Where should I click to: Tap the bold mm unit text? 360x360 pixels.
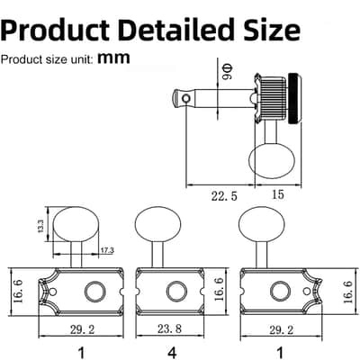coord(114,58)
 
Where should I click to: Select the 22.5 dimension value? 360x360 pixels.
coord(224,196)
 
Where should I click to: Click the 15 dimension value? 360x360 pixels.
coord(277,194)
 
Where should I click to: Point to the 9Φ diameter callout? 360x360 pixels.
coord(228,72)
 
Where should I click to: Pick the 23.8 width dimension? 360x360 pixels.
coord(169,329)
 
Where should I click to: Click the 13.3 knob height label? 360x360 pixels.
coord(41,226)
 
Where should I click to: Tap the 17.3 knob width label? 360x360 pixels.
coord(107,250)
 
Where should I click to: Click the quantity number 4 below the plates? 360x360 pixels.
coord(172,353)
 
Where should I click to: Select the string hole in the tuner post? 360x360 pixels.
coord(186,98)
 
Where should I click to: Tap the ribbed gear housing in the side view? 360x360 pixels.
coord(273,98)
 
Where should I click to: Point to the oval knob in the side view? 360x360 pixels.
coord(273,161)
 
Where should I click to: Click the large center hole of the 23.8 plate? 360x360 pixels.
coord(176,292)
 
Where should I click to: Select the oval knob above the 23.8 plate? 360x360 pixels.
coord(157,224)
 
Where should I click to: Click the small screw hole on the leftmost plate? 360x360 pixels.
coord(53,292)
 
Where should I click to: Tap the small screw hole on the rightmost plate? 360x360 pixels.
coord(306,292)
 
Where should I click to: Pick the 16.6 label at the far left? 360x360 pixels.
coord(19,292)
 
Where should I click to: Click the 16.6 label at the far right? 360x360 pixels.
coord(348,292)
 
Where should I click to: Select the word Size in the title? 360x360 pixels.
coord(271,30)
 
